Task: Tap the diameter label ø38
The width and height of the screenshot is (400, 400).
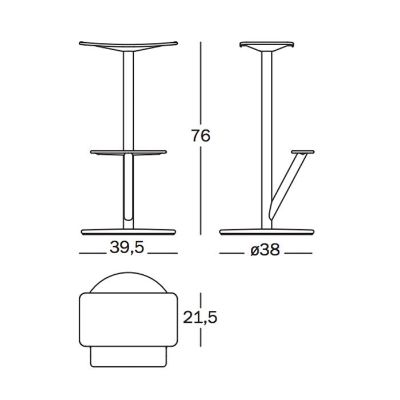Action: click(265, 250)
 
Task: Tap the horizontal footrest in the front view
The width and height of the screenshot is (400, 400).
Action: click(129, 152)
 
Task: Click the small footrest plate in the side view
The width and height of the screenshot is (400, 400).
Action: click(303, 152)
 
